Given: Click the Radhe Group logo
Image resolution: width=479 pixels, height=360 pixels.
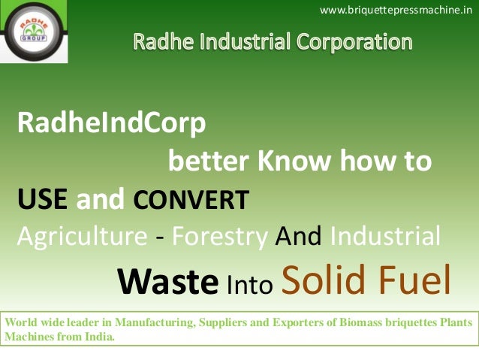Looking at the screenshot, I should (34, 32).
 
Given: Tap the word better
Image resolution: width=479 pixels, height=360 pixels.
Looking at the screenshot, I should (208, 161).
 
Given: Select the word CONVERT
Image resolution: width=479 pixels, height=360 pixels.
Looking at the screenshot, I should (191, 201).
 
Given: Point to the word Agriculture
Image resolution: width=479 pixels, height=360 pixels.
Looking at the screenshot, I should (82, 237).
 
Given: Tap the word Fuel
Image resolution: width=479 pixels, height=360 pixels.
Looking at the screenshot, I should (414, 279).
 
